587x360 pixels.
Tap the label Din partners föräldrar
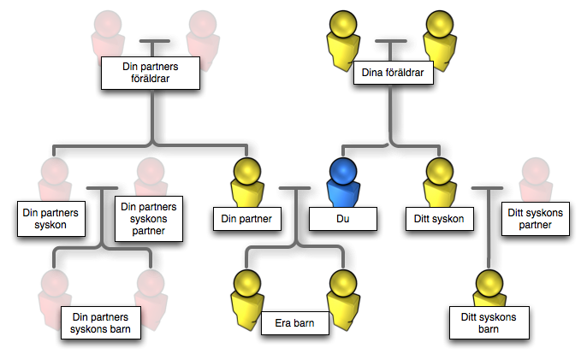click(151, 73)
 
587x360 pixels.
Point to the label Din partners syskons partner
click(150, 217)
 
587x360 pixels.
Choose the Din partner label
click(246, 219)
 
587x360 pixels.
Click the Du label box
click(343, 219)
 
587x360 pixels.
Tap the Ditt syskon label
click(438, 219)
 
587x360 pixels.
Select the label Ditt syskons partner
click(534, 219)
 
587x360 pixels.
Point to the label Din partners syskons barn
click(102, 323)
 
